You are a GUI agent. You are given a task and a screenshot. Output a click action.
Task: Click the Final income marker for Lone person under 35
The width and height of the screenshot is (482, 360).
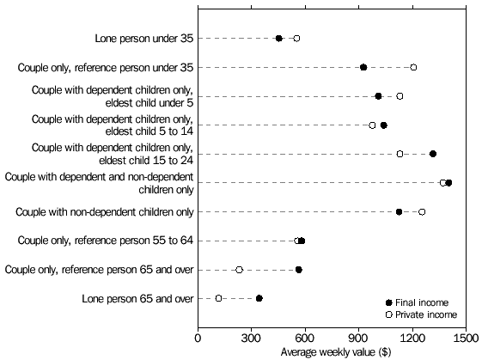[x=278, y=38]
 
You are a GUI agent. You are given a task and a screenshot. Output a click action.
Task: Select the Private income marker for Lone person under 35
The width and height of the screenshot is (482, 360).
[x=296, y=38]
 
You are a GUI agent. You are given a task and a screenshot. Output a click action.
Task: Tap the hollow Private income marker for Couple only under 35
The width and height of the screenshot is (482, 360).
[x=413, y=67]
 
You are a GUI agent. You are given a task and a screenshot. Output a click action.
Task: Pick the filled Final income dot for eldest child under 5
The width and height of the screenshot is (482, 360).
[x=378, y=96]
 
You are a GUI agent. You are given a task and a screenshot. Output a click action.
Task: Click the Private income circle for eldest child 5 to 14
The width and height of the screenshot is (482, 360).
[x=372, y=125]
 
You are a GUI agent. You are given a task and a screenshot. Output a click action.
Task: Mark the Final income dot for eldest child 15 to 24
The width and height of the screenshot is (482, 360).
[x=432, y=154]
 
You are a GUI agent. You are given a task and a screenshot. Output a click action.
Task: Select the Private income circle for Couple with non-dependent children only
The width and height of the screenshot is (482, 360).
[x=422, y=211]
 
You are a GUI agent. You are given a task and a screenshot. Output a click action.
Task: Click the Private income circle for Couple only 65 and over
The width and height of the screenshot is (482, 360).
[x=239, y=270]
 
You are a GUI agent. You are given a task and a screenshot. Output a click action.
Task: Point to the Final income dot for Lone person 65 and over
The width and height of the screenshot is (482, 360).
[x=259, y=298]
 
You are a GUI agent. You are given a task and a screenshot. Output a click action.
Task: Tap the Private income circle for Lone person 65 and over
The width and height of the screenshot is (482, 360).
[x=218, y=298]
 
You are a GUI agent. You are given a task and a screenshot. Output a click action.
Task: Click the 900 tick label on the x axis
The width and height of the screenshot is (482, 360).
[x=358, y=339]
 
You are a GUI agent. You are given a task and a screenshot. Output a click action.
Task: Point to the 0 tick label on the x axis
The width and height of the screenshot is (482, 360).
[x=198, y=339]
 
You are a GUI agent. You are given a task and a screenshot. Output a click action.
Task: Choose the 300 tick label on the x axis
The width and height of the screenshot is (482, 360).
[x=252, y=339]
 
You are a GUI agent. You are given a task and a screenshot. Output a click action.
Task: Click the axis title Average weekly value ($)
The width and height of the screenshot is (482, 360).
[x=332, y=352]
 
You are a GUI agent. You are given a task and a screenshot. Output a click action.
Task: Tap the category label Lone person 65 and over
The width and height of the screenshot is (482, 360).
[x=143, y=298]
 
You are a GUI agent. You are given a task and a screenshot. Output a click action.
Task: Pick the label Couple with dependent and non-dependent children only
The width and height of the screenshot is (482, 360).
[x=99, y=182]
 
